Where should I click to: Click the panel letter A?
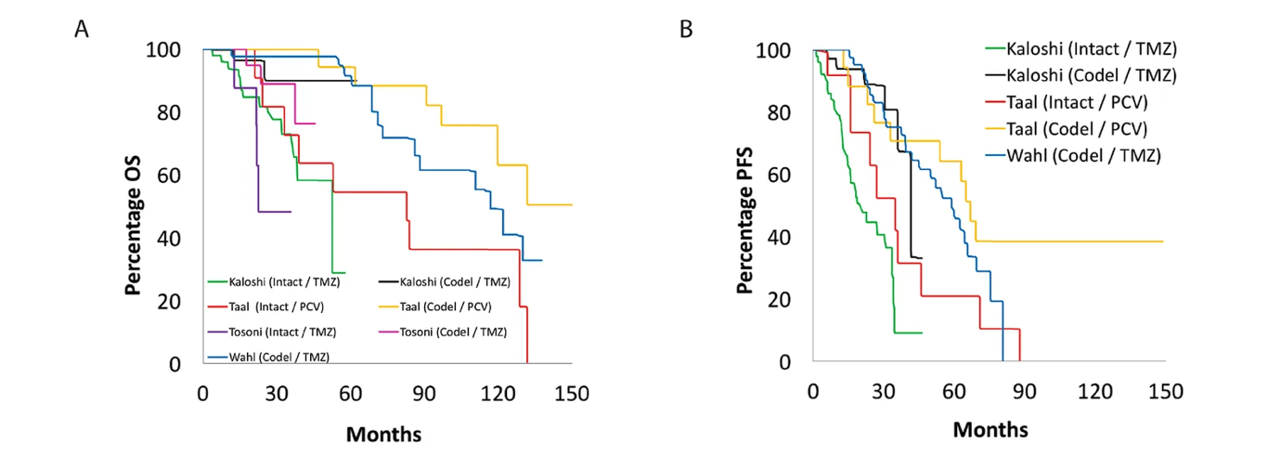click(82, 29)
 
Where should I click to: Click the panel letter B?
click(686, 29)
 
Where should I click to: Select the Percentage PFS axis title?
click(744, 206)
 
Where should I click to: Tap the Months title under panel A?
click(383, 434)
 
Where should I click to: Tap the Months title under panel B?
click(990, 430)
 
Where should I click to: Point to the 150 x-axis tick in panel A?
click(571, 393)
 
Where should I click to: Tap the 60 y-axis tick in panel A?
click(168, 176)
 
